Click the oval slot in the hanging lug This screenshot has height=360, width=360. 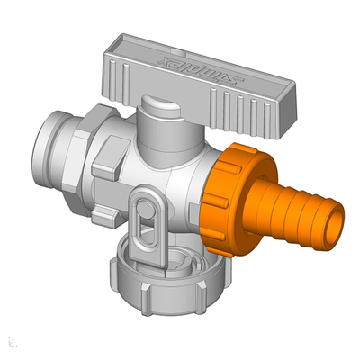pos(142,220)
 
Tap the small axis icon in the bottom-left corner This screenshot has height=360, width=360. pos(10,341)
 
